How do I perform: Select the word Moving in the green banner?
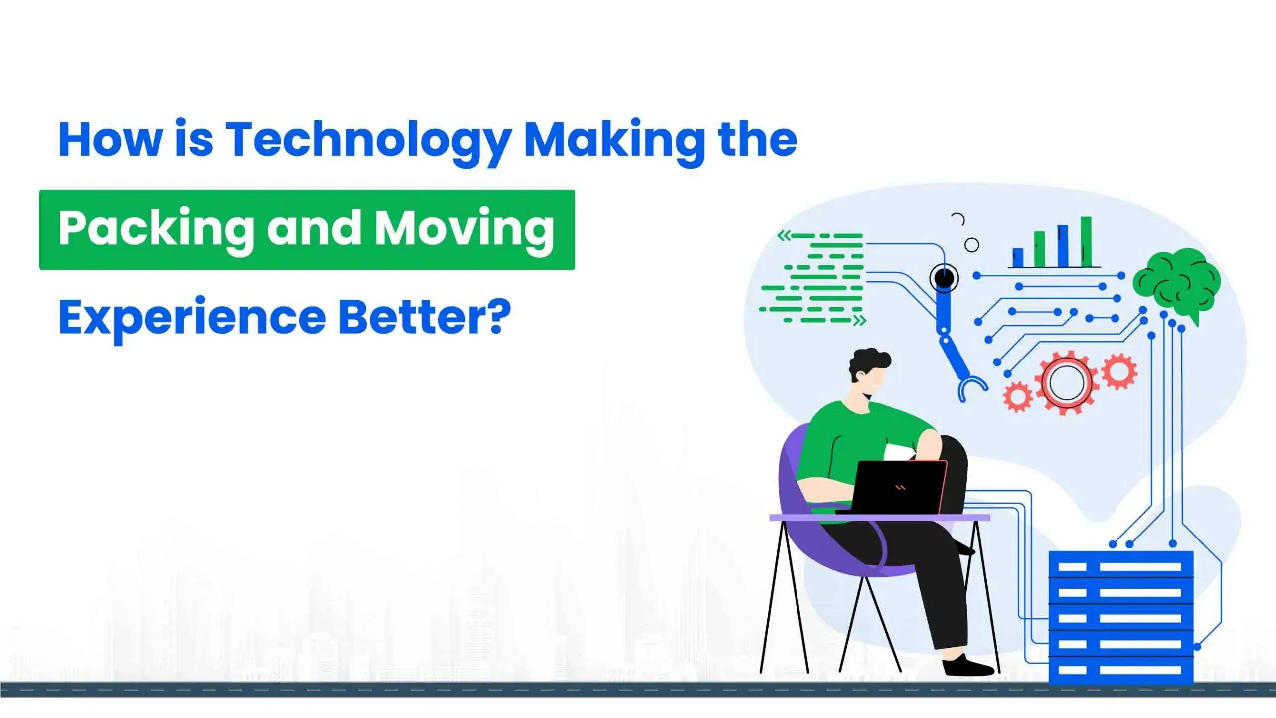(465, 229)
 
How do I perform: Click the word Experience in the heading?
(192, 318)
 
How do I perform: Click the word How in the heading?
(111, 140)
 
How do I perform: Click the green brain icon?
(1177, 282)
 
